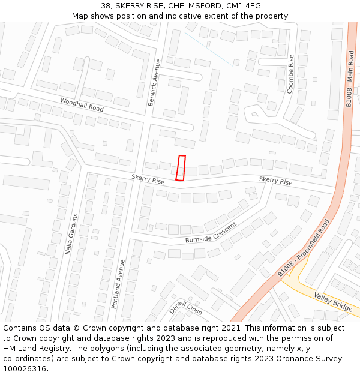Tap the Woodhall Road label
pos(82,105)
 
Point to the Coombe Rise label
pos(291,73)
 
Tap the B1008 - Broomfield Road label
pos(304,248)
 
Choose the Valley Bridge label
pos(334,302)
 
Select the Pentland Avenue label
pos(118,284)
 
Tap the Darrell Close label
pos(185,308)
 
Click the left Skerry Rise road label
pos(148,179)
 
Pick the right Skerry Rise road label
pos(275,181)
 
